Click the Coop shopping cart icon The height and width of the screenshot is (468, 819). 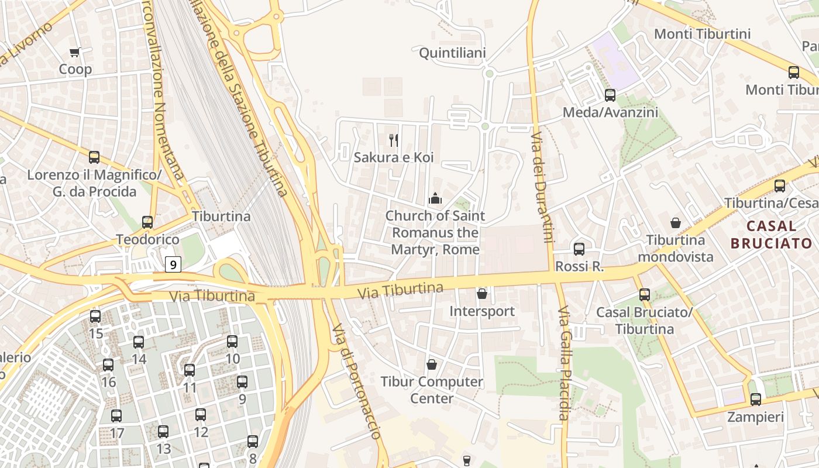[x=75, y=53]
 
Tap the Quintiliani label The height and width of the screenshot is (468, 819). [x=452, y=53]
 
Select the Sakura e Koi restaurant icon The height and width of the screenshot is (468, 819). [x=394, y=140]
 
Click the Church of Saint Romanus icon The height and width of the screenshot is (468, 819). [x=435, y=199]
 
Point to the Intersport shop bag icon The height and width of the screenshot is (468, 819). [x=482, y=294]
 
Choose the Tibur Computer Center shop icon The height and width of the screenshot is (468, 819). [x=432, y=364]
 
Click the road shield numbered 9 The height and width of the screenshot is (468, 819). [x=173, y=264]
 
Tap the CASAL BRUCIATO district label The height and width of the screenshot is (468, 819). [x=772, y=235]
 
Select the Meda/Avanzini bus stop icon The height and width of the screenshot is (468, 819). [x=610, y=95]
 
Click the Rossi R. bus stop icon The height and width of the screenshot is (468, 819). [x=579, y=249]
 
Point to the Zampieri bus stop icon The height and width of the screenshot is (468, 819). [x=756, y=400]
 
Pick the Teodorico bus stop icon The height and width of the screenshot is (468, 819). [x=147, y=222]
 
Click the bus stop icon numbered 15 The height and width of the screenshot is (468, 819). [x=95, y=316]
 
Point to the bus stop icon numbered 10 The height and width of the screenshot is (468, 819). [x=232, y=342]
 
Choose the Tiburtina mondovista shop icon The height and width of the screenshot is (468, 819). [x=676, y=223]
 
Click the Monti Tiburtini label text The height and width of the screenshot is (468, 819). [x=702, y=34]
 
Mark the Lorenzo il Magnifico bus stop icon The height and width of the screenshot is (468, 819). [x=94, y=157]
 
